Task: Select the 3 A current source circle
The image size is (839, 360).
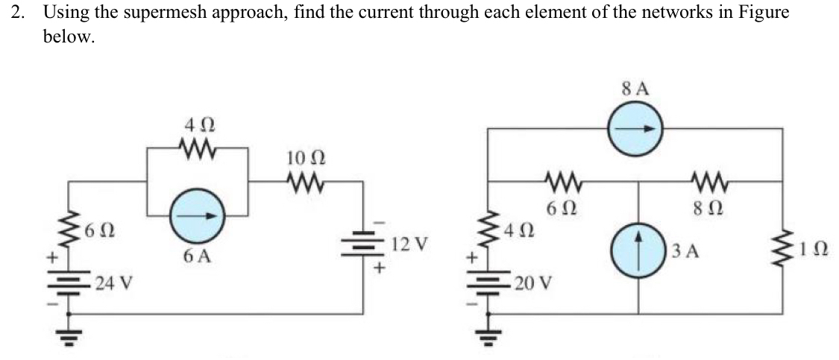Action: pyautogui.click(x=638, y=247)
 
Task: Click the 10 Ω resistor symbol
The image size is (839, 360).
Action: pyautogui.click(x=304, y=180)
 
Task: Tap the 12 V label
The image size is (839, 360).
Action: pyautogui.click(x=411, y=244)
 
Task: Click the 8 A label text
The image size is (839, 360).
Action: pyautogui.click(x=634, y=89)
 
